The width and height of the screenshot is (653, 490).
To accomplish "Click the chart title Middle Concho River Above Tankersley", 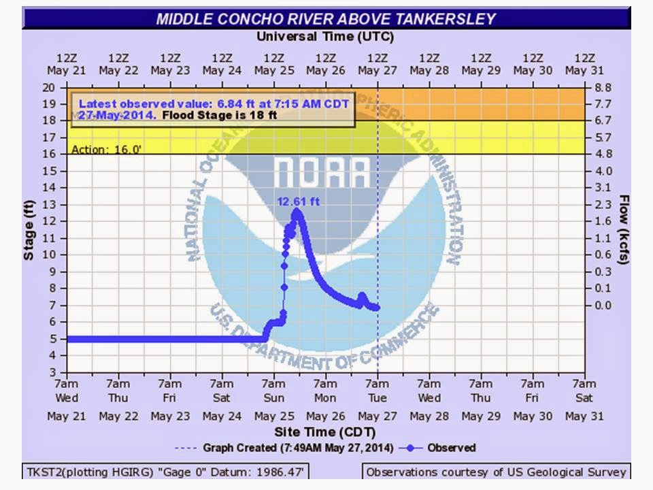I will (326, 18).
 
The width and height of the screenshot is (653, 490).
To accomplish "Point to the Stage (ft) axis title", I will (29, 230).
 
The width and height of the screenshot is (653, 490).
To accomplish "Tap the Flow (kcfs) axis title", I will (623, 230).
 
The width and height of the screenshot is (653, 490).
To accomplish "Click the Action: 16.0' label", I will (106, 149).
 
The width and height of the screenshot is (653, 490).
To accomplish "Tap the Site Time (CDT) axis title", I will (325, 432).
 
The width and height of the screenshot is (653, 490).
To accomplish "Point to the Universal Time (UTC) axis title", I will (325, 36).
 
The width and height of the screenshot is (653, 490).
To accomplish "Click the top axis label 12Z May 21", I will (67, 64).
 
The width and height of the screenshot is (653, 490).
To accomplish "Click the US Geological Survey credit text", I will (497, 472).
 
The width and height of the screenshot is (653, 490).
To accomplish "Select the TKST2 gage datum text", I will (163, 472).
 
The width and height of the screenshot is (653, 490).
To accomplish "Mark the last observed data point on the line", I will (377, 308).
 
